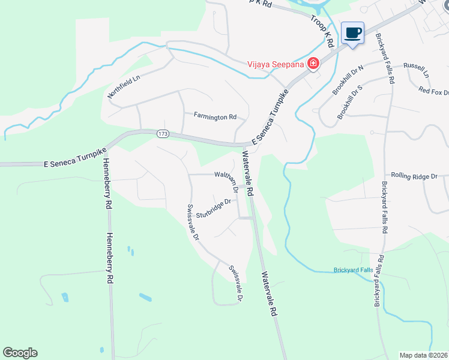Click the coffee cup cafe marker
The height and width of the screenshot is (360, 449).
tap(352, 33)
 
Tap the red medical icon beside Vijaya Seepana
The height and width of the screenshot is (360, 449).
tap(313, 64)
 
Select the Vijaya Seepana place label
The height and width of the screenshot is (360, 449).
tap(277, 64)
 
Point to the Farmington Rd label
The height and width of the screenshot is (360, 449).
tap(215, 116)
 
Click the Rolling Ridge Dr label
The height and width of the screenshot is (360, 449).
tap(415, 176)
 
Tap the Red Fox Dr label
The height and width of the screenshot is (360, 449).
tap(434, 91)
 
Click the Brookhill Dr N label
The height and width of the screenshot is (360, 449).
tap(349, 80)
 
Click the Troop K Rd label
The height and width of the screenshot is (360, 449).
tap(322, 28)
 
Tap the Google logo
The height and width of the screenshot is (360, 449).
tap(20, 353)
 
